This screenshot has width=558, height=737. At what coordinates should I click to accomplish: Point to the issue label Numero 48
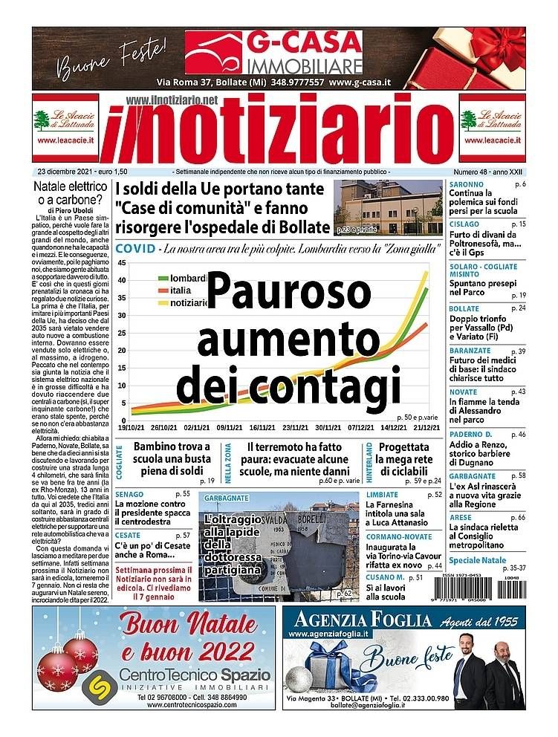(473, 172)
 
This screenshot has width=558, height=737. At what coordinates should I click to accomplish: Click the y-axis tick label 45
(122, 264)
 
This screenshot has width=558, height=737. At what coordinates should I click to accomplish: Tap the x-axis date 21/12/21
(429, 429)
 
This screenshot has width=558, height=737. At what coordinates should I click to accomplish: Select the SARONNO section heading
(466, 184)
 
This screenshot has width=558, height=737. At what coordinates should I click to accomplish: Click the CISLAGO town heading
(464, 224)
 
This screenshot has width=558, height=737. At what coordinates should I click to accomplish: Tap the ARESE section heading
(460, 517)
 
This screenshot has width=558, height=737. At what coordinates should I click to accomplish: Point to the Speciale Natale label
(477, 560)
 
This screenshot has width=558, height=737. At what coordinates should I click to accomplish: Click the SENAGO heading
(129, 493)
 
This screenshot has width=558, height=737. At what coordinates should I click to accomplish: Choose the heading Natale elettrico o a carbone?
(72, 192)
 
